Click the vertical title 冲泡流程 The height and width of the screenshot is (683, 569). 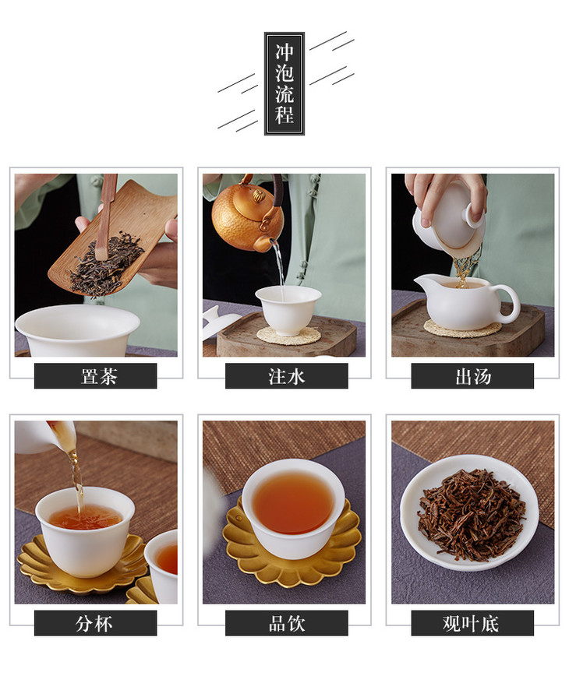(284, 83)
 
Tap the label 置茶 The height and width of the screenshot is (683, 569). (99, 376)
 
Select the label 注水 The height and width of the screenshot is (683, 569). (287, 376)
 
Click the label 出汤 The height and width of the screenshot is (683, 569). (473, 376)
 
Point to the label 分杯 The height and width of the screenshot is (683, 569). (94, 623)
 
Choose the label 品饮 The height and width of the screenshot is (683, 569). (287, 623)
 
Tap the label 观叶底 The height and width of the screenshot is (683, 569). (471, 623)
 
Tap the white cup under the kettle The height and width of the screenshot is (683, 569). (288, 310)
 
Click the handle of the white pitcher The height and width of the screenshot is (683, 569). (509, 303)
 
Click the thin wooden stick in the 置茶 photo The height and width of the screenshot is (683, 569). (108, 217)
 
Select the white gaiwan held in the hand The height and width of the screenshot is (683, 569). (449, 222)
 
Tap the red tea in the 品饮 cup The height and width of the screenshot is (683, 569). (293, 503)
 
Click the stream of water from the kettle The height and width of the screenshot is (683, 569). (279, 268)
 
